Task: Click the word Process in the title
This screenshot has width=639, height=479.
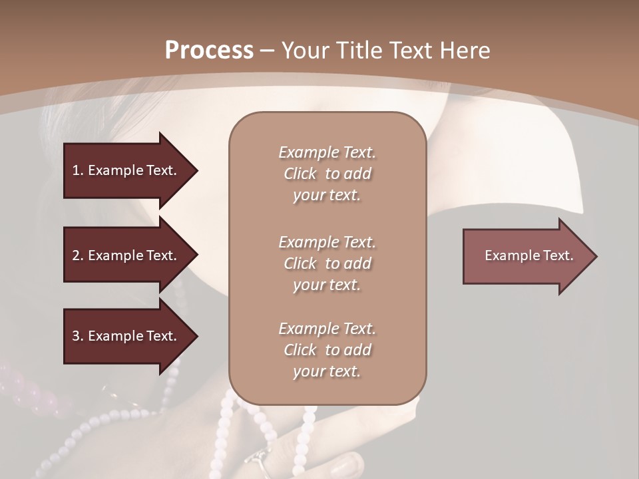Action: tap(209, 51)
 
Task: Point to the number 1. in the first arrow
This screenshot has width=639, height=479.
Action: tap(78, 170)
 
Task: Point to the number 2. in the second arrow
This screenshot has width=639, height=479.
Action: tap(78, 255)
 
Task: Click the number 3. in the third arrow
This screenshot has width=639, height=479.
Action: tap(78, 336)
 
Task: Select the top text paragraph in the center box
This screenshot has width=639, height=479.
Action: tap(327, 174)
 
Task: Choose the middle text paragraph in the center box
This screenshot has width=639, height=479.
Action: tap(327, 263)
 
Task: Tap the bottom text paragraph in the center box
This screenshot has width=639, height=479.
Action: tap(327, 350)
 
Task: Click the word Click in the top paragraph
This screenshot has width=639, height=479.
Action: tap(300, 174)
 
